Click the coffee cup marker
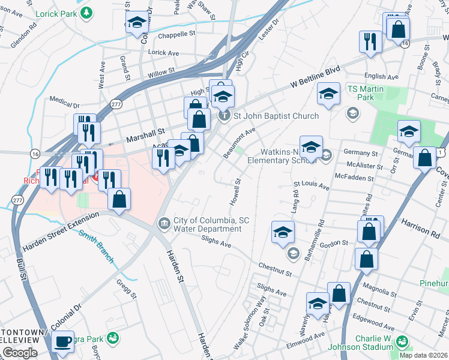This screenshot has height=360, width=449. pyautogui.click(x=62, y=341)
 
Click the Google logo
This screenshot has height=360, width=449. pyautogui.click(x=20, y=353)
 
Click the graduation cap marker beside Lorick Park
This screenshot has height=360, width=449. pyautogui.click(x=136, y=23)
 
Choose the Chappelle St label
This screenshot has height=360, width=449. pyautogui.click(x=175, y=35)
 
